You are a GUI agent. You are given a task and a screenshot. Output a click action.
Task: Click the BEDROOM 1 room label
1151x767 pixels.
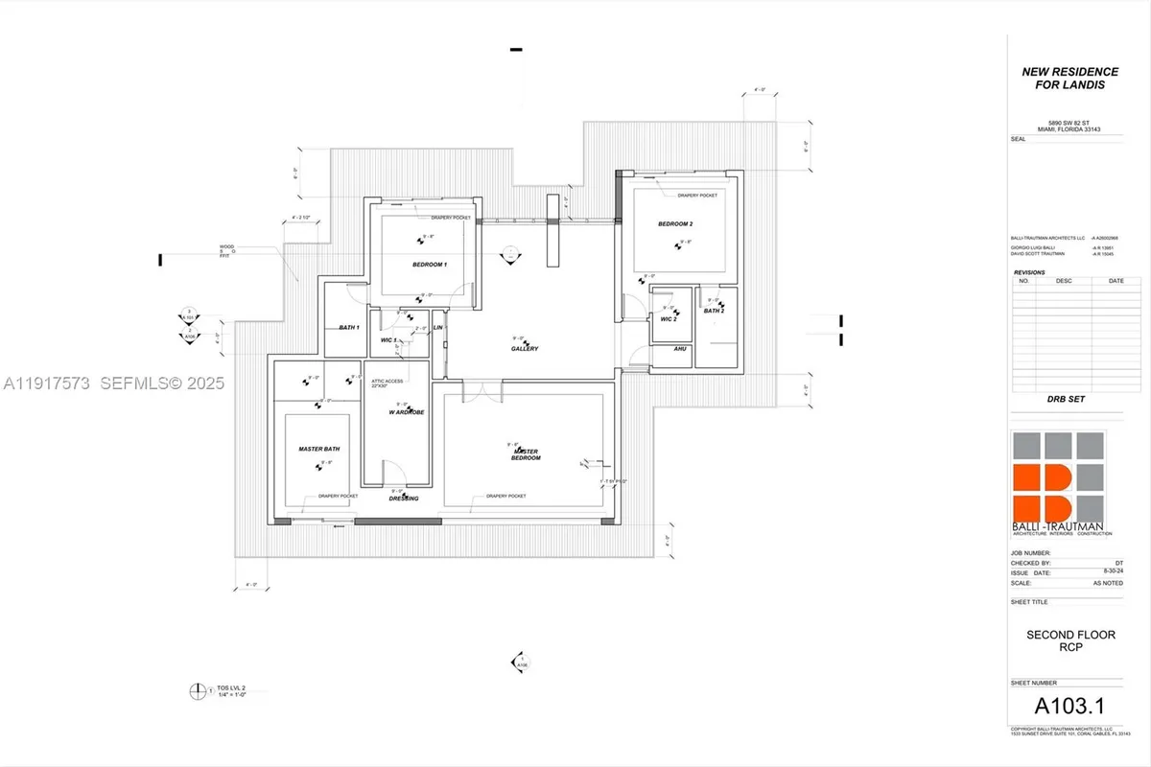pos(430,264)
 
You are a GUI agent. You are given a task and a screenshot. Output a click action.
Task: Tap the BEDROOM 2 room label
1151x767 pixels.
pos(674,223)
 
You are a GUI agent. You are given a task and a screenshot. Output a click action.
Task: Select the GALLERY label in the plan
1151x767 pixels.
pos(525,349)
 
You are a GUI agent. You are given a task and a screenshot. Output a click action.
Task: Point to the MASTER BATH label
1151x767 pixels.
pos(318,449)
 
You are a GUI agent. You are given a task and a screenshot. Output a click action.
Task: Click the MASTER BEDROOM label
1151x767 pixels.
pos(527,453)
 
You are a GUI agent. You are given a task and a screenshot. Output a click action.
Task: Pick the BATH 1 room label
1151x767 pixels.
pos(348,328)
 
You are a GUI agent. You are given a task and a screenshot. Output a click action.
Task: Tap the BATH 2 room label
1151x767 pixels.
pos(713,311)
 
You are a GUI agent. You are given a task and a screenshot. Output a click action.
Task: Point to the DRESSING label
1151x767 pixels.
pos(402,499)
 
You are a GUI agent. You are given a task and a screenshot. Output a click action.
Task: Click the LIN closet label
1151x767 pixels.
pos(437,328)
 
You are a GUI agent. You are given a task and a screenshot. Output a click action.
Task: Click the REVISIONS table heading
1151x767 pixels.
pos(1033,272)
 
